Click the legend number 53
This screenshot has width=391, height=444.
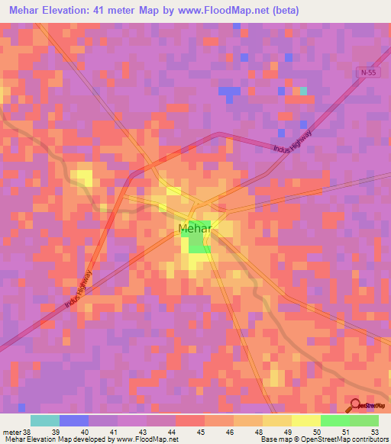click(x=374, y=432)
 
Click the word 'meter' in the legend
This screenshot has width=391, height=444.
click(x=11, y=432)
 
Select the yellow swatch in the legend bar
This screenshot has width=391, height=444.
click(x=305, y=420)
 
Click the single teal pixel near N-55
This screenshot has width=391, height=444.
click(x=303, y=91)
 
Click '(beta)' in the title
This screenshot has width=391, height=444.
click(x=282, y=11)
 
